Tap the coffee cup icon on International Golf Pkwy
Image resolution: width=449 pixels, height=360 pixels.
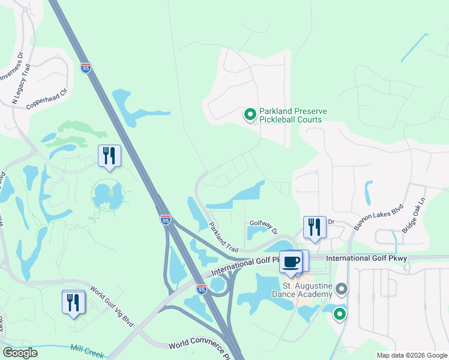pos(292,262)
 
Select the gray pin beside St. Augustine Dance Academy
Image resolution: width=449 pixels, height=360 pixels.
pos(342,290)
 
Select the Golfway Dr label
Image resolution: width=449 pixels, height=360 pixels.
pos(264,227)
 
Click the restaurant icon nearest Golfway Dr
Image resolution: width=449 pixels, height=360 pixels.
pos(314,227)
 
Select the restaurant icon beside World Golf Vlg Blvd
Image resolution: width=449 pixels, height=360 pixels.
pos(73,301)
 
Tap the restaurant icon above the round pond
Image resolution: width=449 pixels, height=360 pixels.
pos(109,156)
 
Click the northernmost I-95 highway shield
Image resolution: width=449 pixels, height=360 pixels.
pos(86,68)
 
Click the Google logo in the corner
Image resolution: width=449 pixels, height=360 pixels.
pos(20,352)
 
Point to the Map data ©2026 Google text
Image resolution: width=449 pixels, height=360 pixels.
pos(411,355)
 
